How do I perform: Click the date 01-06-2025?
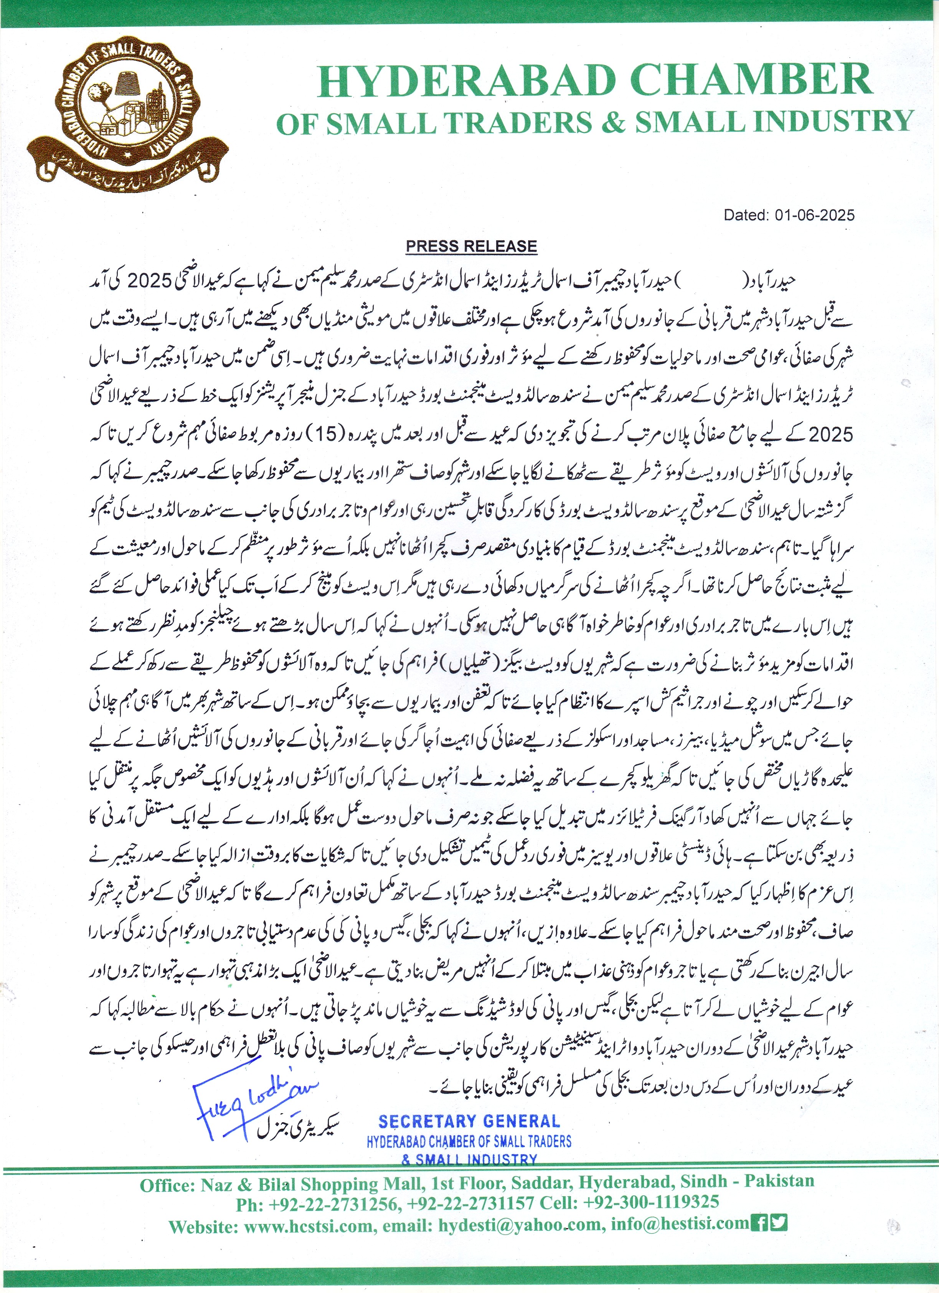coord(814,215)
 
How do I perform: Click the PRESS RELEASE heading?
coord(471,246)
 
